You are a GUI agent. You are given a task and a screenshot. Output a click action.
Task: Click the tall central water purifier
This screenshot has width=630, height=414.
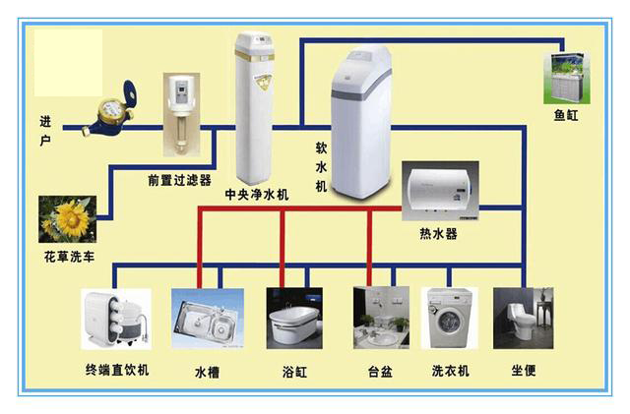(x=255, y=108)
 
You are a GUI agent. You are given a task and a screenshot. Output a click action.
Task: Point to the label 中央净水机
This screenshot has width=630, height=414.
(x=257, y=195)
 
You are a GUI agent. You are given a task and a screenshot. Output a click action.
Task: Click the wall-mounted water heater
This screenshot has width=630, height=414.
(x=439, y=192)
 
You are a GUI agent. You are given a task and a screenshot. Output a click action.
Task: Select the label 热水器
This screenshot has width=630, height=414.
(x=438, y=234)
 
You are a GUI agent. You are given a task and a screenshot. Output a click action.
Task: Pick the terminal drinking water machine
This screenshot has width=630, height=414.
(x=115, y=318)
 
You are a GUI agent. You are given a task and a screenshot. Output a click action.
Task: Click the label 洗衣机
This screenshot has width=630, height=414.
(x=450, y=371)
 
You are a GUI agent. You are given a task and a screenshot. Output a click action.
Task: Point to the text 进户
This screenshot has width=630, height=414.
(x=45, y=130)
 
